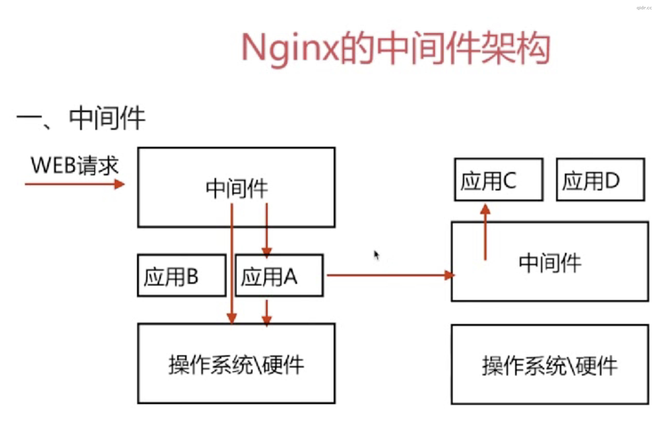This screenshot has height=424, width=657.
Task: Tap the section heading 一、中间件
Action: pos(81,118)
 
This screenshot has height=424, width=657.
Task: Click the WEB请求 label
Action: pos(75,166)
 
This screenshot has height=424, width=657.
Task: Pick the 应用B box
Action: pos(182,276)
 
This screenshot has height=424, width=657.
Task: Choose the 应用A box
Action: pos(279,276)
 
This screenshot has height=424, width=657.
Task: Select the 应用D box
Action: pos(600,180)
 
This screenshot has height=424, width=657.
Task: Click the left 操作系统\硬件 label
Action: pos(236,365)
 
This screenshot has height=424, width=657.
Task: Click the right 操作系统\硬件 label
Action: pos(549,366)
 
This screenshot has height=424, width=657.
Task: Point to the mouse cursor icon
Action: pos(376,255)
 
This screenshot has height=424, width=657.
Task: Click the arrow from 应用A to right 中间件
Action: pos(385,275)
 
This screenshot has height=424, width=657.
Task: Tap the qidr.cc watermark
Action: pos(644,8)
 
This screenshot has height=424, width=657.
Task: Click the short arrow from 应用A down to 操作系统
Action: pos(266,313)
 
